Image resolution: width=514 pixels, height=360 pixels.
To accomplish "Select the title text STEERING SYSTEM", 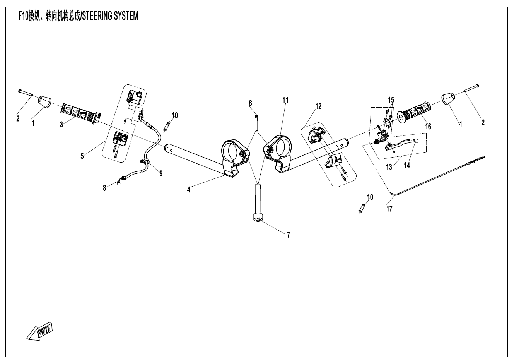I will tap(109, 16).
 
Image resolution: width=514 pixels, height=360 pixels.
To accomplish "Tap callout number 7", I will tap(288, 235).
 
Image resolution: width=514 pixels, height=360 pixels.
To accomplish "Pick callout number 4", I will tap(189, 190).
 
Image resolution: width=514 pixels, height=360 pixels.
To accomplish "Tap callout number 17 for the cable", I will tap(389, 209).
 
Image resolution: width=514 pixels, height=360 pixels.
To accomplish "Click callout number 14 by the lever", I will tap(407, 165).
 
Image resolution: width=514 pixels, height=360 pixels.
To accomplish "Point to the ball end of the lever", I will tap(416, 141).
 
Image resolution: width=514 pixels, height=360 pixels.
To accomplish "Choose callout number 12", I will tap(318, 106).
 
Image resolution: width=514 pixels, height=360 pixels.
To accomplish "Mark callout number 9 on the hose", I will tap(161, 173).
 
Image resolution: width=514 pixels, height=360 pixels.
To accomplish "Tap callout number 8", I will tap(104, 188).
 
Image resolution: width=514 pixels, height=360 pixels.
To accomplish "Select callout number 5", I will tap(82, 156).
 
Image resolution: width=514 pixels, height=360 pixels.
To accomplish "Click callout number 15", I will tap(391, 100).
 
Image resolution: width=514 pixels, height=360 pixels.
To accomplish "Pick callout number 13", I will tap(389, 167).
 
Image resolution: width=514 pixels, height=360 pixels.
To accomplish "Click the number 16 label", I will tap(428, 126).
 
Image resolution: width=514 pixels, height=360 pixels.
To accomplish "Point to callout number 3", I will tap(61, 125).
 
